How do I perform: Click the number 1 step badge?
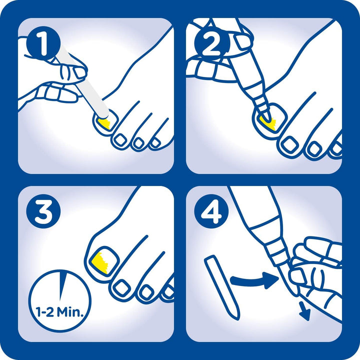tap(43, 43)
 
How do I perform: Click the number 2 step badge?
tap(211, 43)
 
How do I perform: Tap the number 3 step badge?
tap(43, 211)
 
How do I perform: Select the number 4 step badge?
tap(211, 211)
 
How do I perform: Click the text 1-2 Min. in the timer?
tap(59, 312)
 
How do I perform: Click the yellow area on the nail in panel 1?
tap(104, 123)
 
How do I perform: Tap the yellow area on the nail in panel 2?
tap(267, 123)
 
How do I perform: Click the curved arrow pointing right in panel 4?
tap(255, 279)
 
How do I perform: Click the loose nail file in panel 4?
tap(222, 288)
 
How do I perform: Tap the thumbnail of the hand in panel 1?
tap(79, 72)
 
